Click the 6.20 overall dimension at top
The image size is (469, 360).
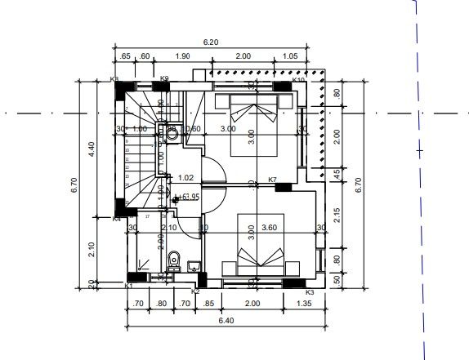pos(211,42)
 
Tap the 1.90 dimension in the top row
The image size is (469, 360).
pos(182,56)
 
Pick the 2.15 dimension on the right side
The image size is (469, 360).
pos(335,212)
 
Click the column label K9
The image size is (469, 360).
pos(164,79)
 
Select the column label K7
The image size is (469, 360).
pos(273,180)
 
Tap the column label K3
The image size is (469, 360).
pos(309,291)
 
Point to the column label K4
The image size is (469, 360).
pos(117,219)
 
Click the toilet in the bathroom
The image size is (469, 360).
pos(172,262)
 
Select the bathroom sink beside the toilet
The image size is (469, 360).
pos(194,266)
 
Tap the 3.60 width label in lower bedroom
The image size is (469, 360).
pos(270,229)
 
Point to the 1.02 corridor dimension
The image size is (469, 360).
pos(185,177)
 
